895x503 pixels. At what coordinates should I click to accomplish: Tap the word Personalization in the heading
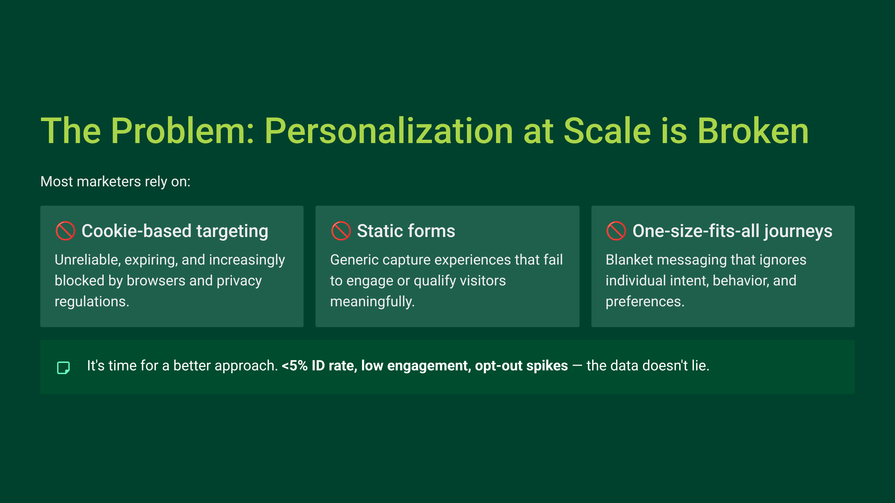389,131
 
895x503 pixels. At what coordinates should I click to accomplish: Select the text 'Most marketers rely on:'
115,181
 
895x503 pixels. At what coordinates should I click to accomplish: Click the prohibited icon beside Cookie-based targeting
65,231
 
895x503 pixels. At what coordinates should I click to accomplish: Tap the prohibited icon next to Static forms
340,231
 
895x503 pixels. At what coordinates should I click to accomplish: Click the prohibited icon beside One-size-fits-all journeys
616,231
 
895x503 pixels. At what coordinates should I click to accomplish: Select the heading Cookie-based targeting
175,231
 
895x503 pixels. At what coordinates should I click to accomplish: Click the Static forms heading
406,231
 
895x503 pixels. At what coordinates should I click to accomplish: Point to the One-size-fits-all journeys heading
732,231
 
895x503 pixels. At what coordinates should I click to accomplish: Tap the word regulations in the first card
91,301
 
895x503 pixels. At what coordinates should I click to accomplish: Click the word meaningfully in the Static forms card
372,301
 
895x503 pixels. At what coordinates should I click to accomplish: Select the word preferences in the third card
644,301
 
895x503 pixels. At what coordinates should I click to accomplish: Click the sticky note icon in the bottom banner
63,367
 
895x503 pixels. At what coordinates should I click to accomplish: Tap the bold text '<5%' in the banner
295,366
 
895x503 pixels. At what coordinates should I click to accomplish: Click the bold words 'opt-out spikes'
521,366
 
